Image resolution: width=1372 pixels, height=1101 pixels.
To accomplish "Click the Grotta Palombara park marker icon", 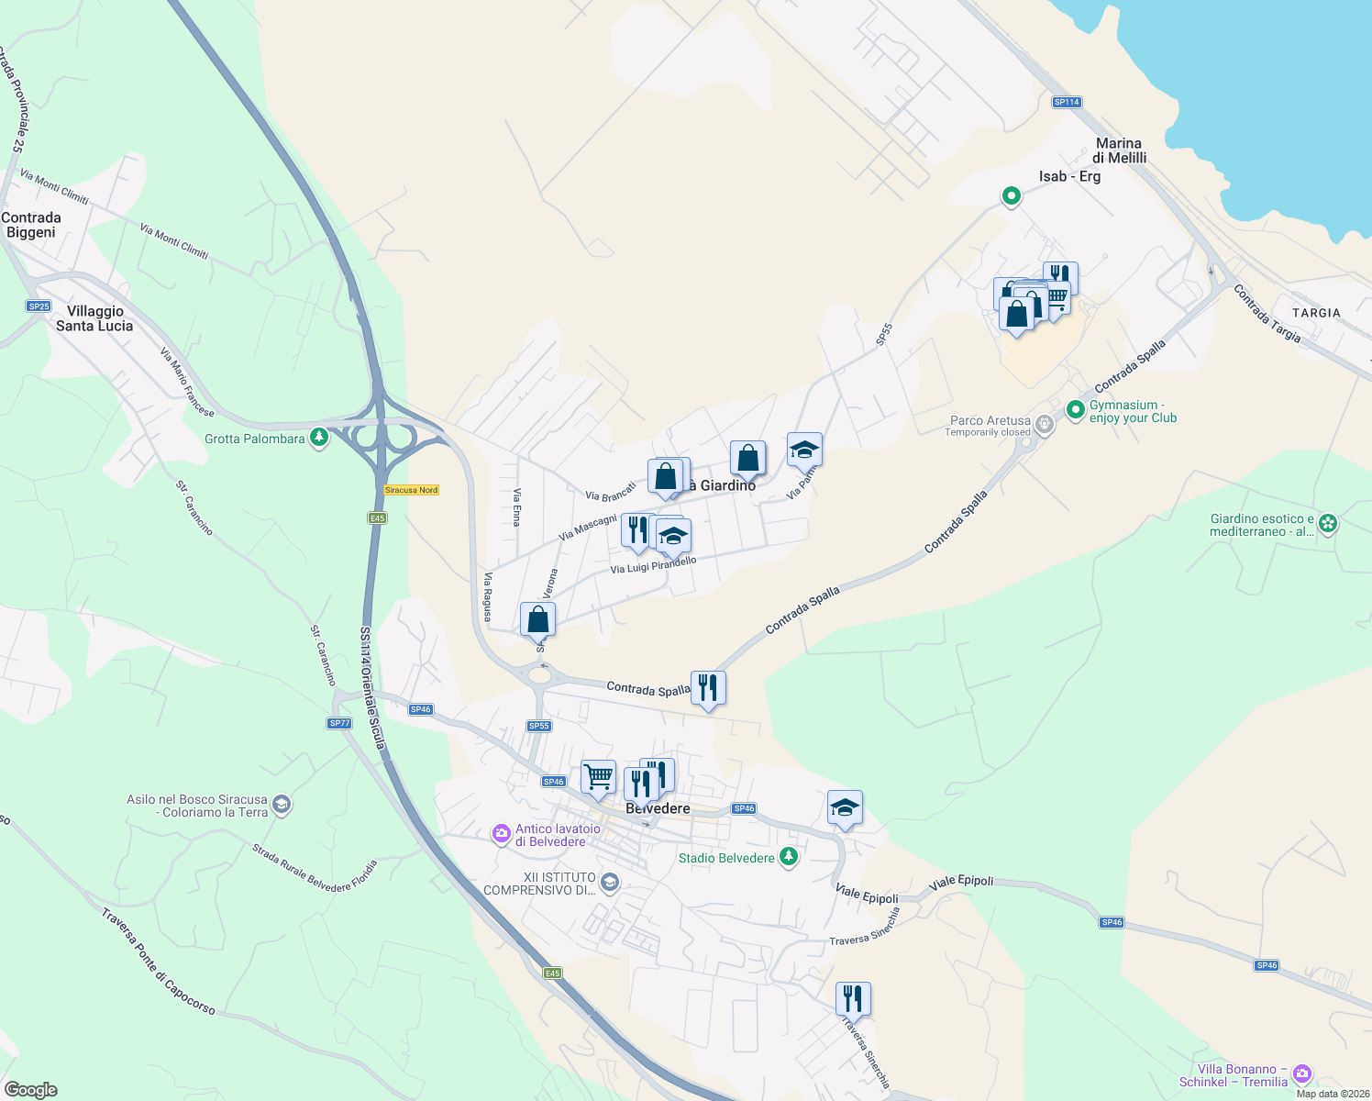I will pyautogui.click(x=318, y=438).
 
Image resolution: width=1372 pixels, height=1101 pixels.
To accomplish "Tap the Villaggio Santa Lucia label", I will pyautogui.click(x=94, y=318).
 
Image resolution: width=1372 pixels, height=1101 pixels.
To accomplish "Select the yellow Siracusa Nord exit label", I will pyautogui.click(x=411, y=490).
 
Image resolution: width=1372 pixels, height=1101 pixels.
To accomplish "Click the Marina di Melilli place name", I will pyautogui.click(x=1119, y=150).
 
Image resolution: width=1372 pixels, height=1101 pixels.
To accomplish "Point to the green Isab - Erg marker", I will pyautogui.click(x=1011, y=195).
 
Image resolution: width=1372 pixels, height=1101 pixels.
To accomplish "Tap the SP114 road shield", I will pyautogui.click(x=1067, y=102).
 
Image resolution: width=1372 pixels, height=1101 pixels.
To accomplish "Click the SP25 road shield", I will pyautogui.click(x=38, y=306).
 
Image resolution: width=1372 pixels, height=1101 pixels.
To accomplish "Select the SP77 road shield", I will pyautogui.click(x=339, y=723).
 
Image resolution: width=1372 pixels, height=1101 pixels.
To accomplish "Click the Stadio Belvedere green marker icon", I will pyautogui.click(x=789, y=857).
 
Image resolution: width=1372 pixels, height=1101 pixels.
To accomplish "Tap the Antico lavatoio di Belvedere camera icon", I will pyautogui.click(x=501, y=833).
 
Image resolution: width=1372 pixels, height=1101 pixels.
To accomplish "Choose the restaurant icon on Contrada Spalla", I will pyautogui.click(x=708, y=687).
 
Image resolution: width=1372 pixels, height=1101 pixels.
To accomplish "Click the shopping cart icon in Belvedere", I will pyautogui.click(x=598, y=777).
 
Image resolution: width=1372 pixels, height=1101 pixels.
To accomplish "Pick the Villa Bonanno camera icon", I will pyautogui.click(x=1301, y=1073).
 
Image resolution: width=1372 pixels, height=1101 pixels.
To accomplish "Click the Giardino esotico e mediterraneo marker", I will pyautogui.click(x=1328, y=524).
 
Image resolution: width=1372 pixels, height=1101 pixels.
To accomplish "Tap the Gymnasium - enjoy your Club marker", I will pyautogui.click(x=1075, y=409).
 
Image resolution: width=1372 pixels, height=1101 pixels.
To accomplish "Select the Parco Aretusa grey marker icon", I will pyautogui.click(x=1044, y=424).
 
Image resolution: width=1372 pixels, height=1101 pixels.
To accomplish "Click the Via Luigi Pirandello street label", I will pyautogui.click(x=653, y=565).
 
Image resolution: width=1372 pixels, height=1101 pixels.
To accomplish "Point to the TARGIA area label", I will pyautogui.click(x=1316, y=313).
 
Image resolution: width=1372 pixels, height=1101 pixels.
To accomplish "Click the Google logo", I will pyautogui.click(x=31, y=1090).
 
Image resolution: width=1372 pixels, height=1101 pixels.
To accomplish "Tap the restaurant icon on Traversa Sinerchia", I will pyautogui.click(x=853, y=998).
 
